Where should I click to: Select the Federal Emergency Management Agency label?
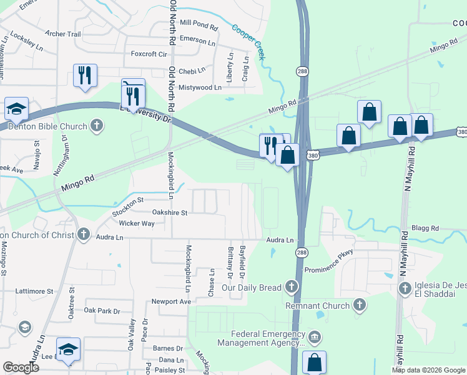click(261, 338)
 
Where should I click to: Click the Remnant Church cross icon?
click(359, 304)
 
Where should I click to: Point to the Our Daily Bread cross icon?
click(290, 287)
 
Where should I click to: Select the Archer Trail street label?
click(63, 34)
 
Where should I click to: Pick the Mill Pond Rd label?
click(198, 27)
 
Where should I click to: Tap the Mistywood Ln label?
click(200, 88)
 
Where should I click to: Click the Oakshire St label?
click(170, 213)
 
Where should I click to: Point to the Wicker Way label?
click(137, 223)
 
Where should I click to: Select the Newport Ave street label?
click(171, 301)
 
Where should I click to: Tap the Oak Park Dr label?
click(102, 311)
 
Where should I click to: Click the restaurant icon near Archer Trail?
click(84, 75)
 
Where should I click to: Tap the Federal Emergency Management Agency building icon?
click(315, 338)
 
